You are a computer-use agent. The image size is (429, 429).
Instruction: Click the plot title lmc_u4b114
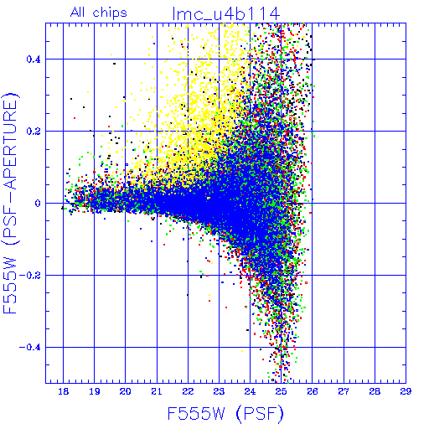(226, 13)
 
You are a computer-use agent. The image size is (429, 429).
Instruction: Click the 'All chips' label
(99, 13)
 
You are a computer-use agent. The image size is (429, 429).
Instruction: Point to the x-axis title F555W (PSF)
(225, 413)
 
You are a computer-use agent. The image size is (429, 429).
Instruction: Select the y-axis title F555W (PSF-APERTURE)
(10, 203)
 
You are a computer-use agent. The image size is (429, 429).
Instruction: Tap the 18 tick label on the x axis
(64, 391)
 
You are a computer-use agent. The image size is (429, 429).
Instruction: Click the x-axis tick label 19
(95, 391)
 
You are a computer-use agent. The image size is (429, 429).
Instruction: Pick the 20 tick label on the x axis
(126, 391)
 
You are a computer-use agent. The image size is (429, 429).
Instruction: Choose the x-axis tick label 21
(157, 391)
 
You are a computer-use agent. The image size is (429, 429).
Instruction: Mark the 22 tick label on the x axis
(188, 391)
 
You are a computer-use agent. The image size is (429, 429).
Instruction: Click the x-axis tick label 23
(219, 391)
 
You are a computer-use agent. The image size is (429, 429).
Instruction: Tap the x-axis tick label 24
(250, 391)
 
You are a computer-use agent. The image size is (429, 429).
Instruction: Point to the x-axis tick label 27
(344, 391)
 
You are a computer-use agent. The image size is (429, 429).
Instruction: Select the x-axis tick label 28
(375, 391)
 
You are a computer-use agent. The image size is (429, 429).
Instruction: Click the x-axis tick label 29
(406, 391)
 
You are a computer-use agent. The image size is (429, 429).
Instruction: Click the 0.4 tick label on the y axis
(34, 59)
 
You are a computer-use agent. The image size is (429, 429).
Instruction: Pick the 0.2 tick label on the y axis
(34, 132)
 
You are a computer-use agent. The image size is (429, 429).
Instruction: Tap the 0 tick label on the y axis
(38, 204)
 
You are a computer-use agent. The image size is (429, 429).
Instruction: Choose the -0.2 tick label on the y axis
(30, 276)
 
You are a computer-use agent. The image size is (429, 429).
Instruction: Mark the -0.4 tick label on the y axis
(30, 348)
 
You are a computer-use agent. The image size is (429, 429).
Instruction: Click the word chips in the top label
(110, 13)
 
